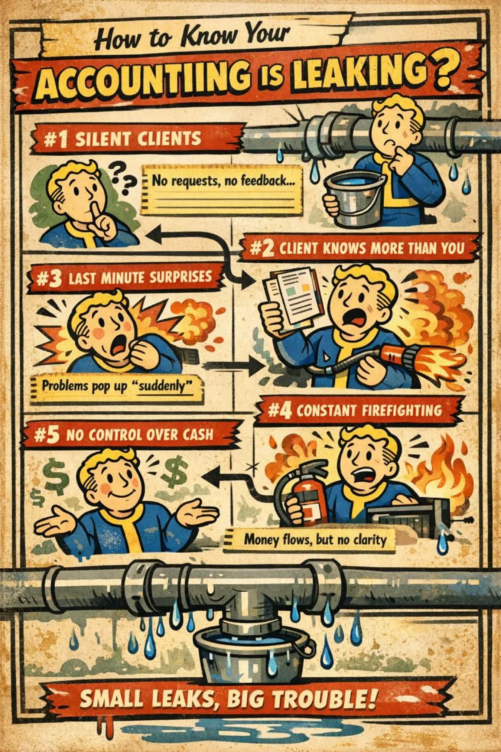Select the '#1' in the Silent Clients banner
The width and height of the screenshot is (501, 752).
point(54,139)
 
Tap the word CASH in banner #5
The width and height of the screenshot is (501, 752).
point(194,435)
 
